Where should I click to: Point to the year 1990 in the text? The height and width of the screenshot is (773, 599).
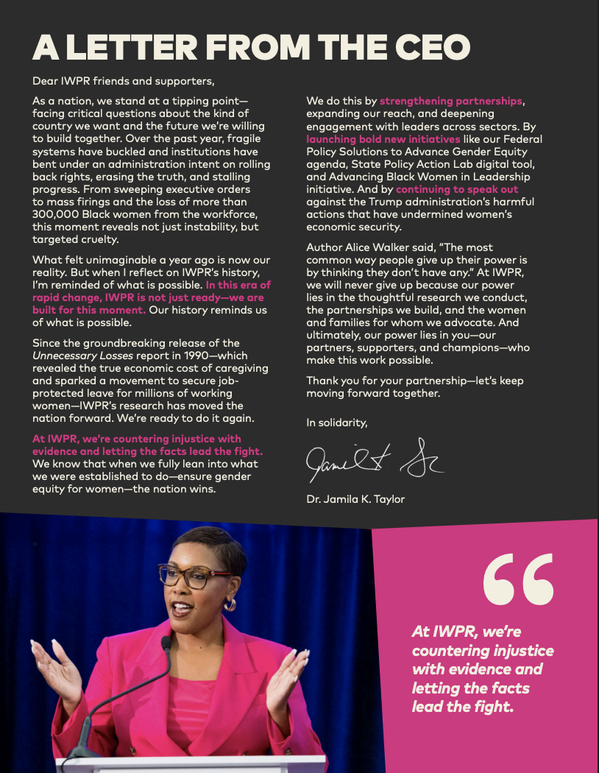[183, 354]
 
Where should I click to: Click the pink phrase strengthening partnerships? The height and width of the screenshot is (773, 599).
[451, 101]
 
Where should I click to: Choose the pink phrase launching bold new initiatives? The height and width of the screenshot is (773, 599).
[383, 139]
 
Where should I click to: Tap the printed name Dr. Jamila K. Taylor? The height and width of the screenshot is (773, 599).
[355, 500]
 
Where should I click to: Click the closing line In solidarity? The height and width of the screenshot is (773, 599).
[336, 423]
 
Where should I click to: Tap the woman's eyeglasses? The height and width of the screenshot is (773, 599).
[196, 575]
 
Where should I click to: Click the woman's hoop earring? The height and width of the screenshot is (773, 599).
[230, 604]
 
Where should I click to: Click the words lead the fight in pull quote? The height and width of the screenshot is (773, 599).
[461, 705]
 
